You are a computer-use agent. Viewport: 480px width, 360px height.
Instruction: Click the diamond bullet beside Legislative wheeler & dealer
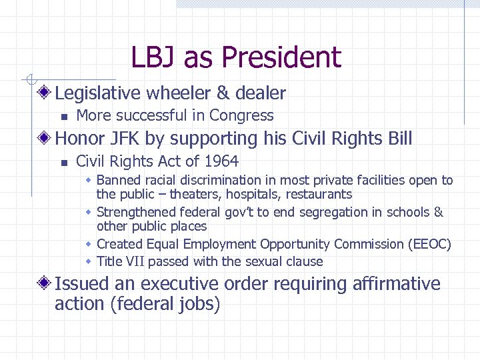[45, 93]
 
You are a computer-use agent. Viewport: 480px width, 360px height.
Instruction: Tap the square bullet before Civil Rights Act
[63, 162]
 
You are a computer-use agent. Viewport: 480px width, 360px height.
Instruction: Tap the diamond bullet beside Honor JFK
[45, 139]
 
